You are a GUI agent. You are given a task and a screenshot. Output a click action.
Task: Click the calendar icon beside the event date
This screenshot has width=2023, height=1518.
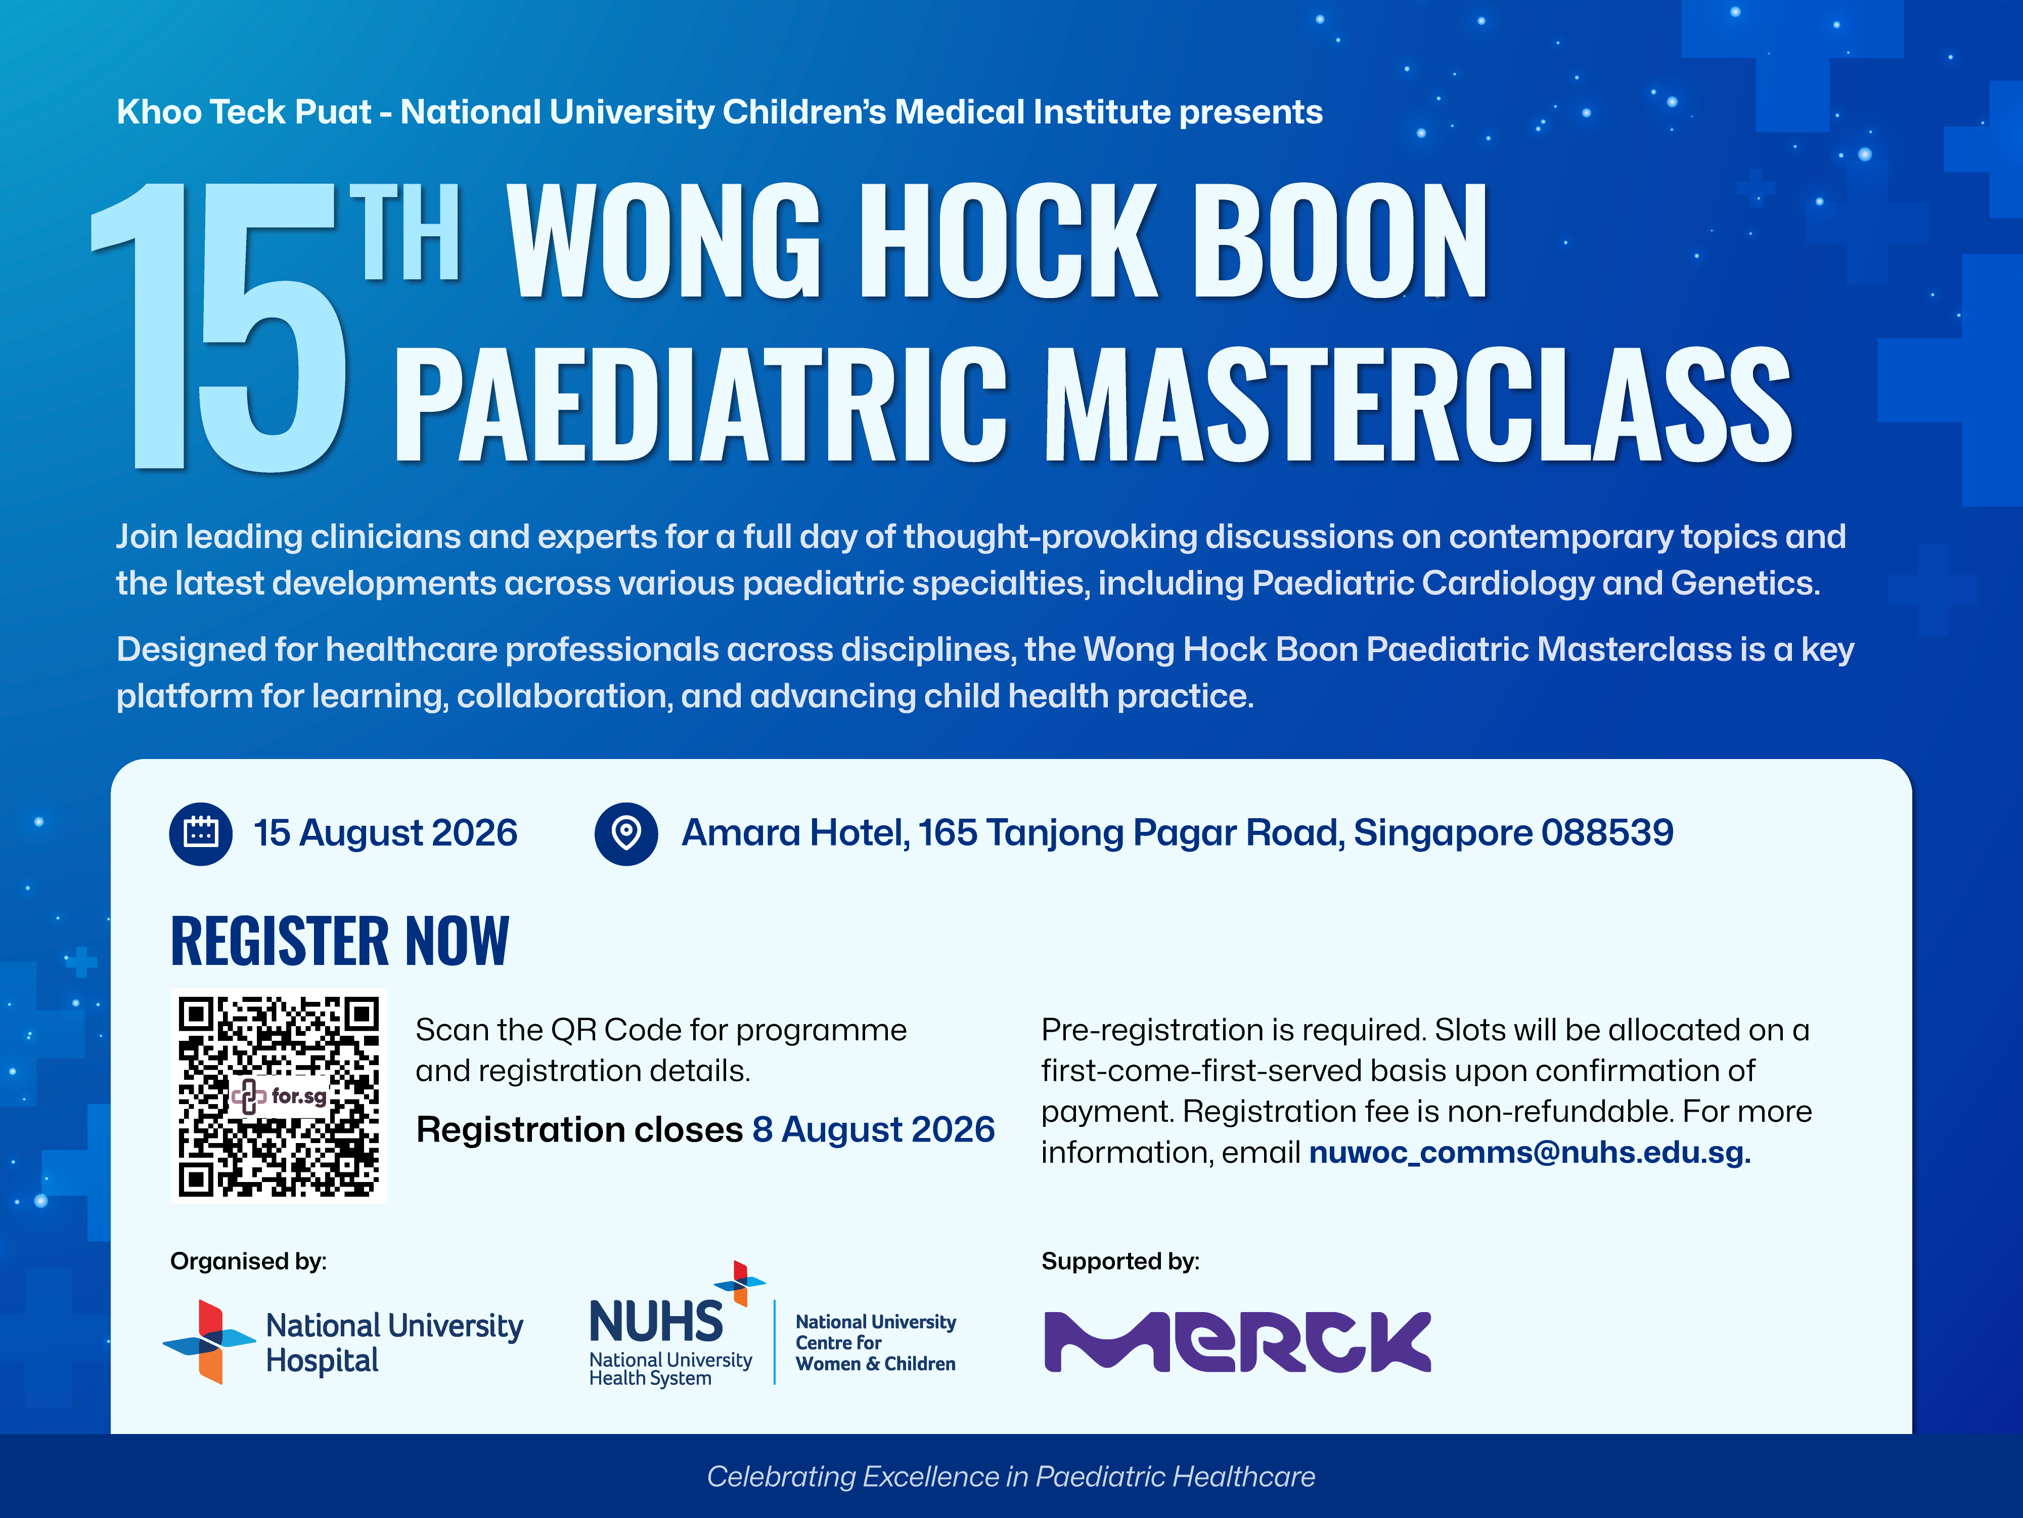201,833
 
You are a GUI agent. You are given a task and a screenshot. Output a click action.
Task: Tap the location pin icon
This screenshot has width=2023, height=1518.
626,833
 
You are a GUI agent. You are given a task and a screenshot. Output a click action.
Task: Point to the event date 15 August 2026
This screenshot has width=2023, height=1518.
385,833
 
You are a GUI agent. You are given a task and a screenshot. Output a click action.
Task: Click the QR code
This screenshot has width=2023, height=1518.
279,1095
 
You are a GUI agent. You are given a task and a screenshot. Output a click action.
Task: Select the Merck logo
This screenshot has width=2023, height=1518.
1237,1341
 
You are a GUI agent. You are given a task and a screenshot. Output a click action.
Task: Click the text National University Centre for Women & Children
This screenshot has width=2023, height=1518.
875,1342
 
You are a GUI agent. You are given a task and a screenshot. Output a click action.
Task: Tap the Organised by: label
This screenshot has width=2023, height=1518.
248,1262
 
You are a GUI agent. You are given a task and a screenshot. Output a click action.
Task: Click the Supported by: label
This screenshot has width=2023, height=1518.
1120,1262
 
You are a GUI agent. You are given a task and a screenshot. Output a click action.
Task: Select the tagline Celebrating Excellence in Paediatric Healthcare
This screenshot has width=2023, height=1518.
1011,1477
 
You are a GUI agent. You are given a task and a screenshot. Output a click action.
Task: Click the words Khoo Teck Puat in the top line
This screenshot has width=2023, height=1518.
244,112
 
